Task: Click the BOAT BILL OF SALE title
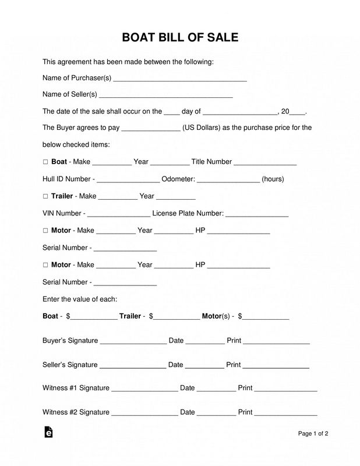point(180,38)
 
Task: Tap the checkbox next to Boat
point(45,162)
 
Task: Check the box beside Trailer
point(45,196)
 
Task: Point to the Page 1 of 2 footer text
point(313,433)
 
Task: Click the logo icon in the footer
point(48,432)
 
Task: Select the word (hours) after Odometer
point(273,179)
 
